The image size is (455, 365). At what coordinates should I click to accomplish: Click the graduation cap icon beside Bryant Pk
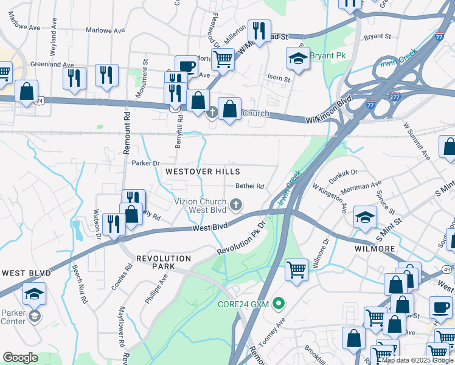(x=297, y=58)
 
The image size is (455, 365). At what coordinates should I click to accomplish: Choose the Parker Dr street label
(x=145, y=163)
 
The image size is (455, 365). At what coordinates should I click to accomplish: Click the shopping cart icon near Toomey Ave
(x=296, y=269)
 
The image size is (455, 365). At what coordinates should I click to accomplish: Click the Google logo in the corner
(x=20, y=358)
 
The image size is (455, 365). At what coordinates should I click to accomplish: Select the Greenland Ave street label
(x=52, y=64)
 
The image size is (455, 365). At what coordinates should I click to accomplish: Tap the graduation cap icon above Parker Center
(x=34, y=293)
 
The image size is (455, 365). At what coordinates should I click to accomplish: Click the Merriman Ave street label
(x=364, y=188)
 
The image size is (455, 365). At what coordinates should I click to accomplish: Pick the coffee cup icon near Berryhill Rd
(x=186, y=66)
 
